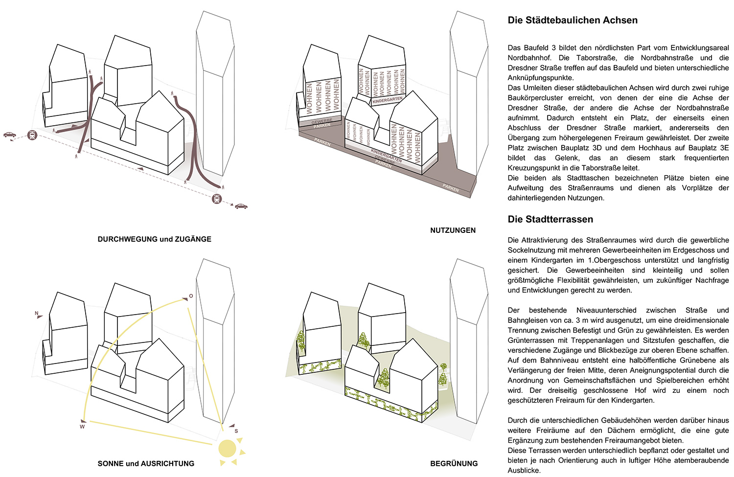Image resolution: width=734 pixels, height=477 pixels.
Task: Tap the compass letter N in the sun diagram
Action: pyautogui.click(x=37, y=313)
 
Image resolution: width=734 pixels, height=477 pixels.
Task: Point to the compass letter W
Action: pyautogui.click(x=82, y=427)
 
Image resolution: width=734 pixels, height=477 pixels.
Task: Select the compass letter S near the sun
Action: pyautogui.click(x=236, y=431)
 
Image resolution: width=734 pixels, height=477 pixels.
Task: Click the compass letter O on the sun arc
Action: pyautogui.click(x=191, y=296)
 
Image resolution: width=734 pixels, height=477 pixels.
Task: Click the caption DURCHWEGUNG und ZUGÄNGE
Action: pyautogui.click(x=154, y=239)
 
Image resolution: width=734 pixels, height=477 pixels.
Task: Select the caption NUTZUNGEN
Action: pyautogui.click(x=453, y=230)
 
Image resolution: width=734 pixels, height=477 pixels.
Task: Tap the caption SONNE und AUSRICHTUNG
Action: pyautogui.click(x=146, y=463)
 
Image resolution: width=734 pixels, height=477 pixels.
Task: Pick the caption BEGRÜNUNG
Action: pyautogui.click(x=454, y=463)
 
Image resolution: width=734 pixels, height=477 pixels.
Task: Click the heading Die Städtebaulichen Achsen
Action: pyautogui.click(x=573, y=20)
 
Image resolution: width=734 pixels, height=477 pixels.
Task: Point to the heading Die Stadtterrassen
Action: pyautogui.click(x=550, y=219)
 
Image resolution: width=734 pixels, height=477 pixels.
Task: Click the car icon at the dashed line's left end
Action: pyautogui.click(x=9, y=135)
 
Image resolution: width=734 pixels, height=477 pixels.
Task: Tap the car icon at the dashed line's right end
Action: pyautogui.click(x=241, y=206)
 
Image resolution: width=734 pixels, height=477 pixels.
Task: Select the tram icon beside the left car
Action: pyautogui.click(x=32, y=135)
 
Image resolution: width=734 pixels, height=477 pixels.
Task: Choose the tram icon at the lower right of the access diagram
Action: pyautogui.click(x=217, y=199)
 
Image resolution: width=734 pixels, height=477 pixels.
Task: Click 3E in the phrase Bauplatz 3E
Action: pyautogui.click(x=724, y=148)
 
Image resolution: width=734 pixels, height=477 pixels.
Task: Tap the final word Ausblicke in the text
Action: pyautogui.click(x=524, y=470)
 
